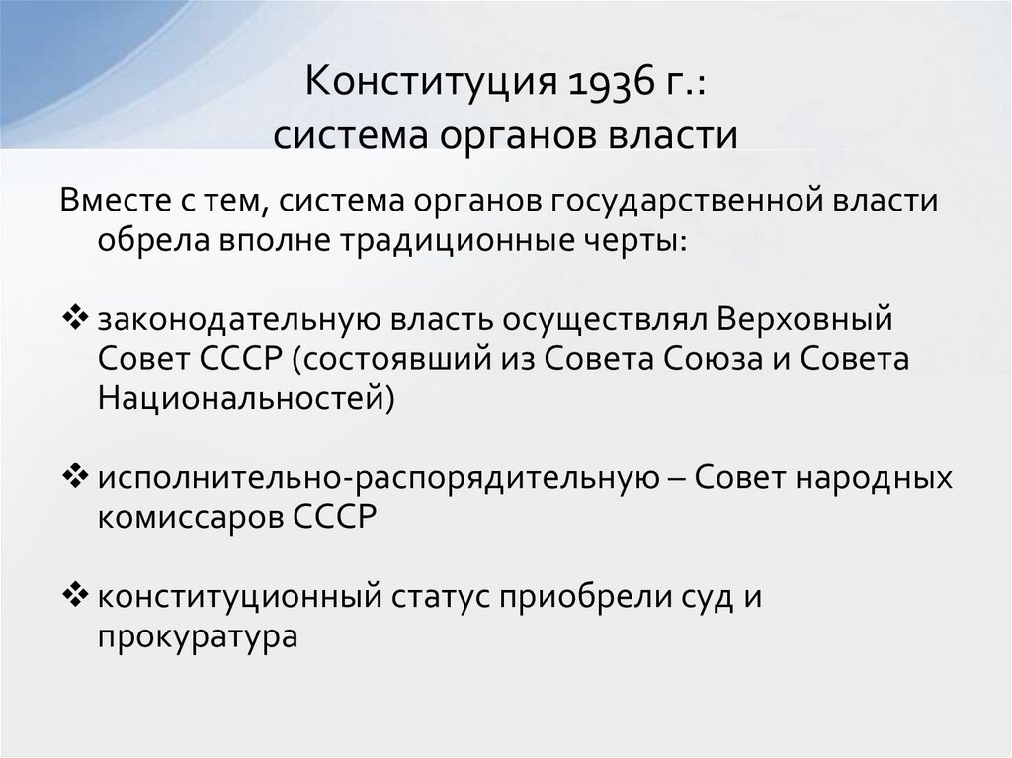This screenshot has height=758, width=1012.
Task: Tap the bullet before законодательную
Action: coord(75,320)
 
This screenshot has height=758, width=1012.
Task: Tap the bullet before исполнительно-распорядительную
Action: coord(75,477)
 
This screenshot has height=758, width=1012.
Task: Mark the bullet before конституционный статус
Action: coord(75,596)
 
